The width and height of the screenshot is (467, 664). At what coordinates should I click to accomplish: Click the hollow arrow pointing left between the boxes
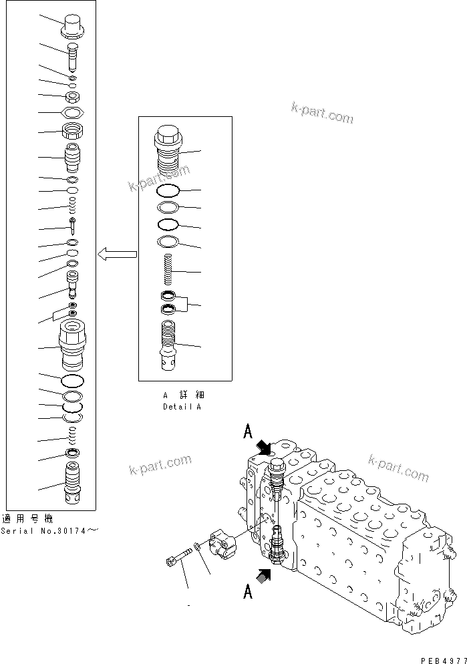point(117,254)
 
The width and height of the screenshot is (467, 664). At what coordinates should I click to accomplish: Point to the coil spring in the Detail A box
point(168,270)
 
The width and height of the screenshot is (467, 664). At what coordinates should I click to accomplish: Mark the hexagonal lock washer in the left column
point(73,112)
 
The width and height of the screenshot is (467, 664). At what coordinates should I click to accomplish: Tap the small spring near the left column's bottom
point(72,437)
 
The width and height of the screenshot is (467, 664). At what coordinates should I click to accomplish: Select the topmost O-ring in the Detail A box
point(168,192)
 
